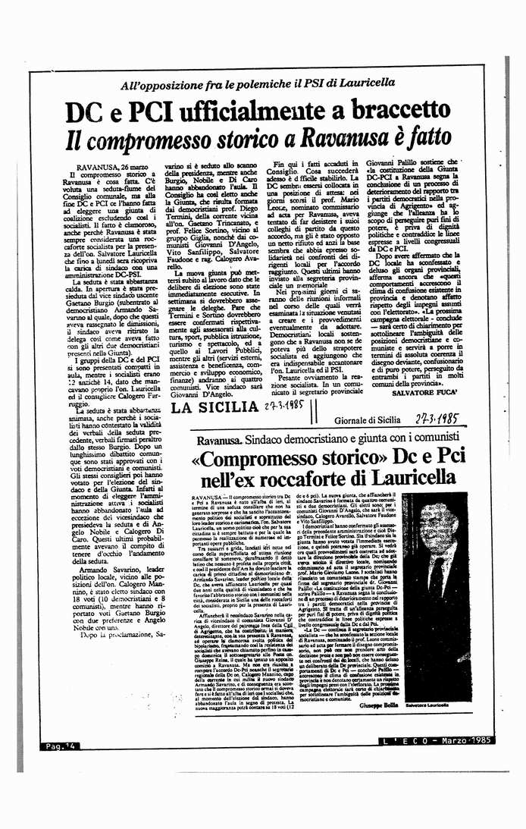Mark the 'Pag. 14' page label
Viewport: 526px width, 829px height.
point(57,747)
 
